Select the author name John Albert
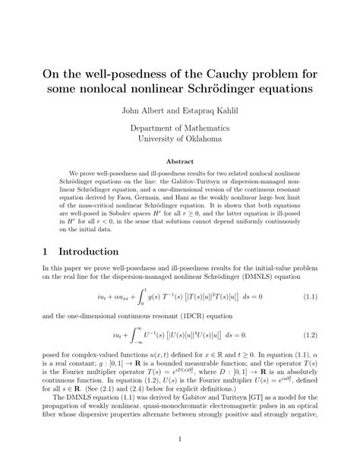[138, 110]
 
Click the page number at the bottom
[179, 439]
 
